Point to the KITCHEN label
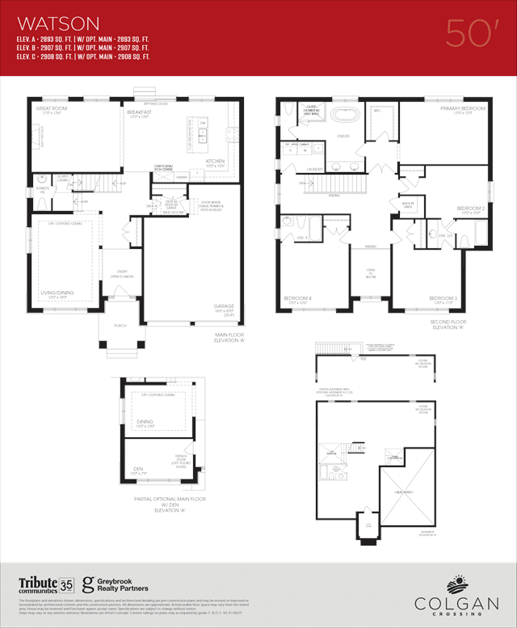pos(215,161)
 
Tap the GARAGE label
pos(224,306)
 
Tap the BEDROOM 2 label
pos(470,209)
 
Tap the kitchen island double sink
pos(203,135)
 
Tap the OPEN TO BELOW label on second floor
pos(371,273)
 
